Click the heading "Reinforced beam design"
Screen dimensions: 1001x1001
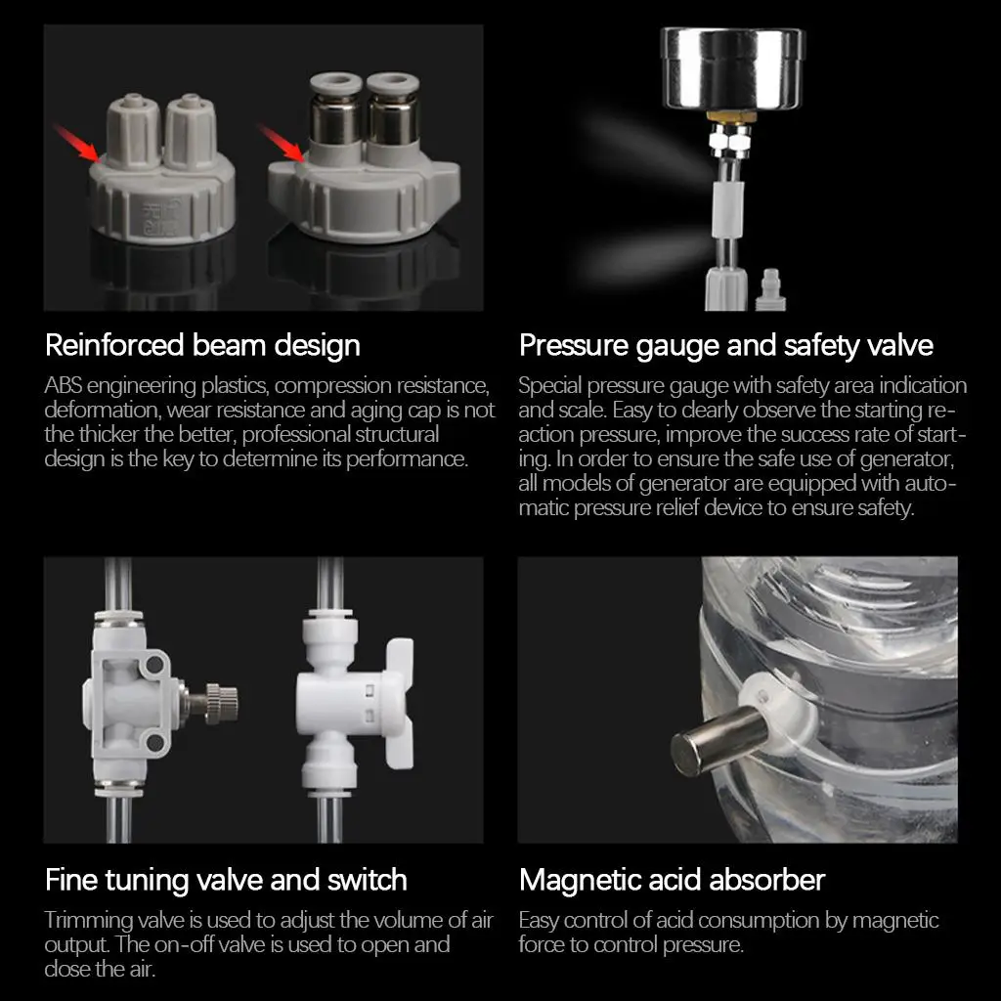click(202, 345)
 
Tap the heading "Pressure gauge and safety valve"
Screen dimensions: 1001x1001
click(725, 345)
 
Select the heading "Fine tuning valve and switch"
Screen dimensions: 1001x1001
click(226, 880)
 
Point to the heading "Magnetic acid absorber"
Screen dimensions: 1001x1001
click(672, 880)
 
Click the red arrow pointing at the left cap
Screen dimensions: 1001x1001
click(75, 142)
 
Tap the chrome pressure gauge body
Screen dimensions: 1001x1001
click(731, 68)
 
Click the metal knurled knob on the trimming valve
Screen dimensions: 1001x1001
click(217, 698)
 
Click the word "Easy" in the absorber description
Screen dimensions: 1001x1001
click(537, 921)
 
